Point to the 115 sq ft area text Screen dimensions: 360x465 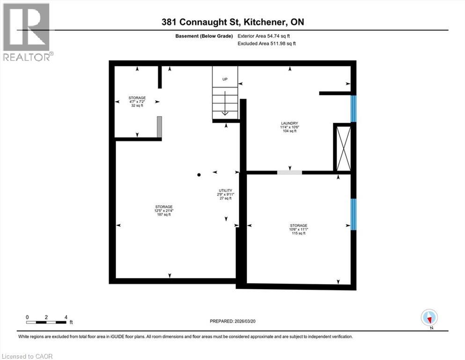coord(298,233)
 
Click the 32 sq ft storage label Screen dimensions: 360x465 coord(137,106)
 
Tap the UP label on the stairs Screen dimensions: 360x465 coord(225,79)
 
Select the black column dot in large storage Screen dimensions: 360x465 coord(199,175)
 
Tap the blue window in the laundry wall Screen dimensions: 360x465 coord(354,109)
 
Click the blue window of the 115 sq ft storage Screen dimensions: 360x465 coord(354,214)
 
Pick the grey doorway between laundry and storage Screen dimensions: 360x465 coord(289,172)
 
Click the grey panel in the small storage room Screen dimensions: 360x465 coord(159,127)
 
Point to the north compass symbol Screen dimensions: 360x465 coord(429,318)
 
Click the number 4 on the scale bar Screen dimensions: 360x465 coord(66,317)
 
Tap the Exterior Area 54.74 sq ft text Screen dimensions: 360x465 coord(267,36)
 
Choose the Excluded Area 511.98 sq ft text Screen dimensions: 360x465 coord(267,44)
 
